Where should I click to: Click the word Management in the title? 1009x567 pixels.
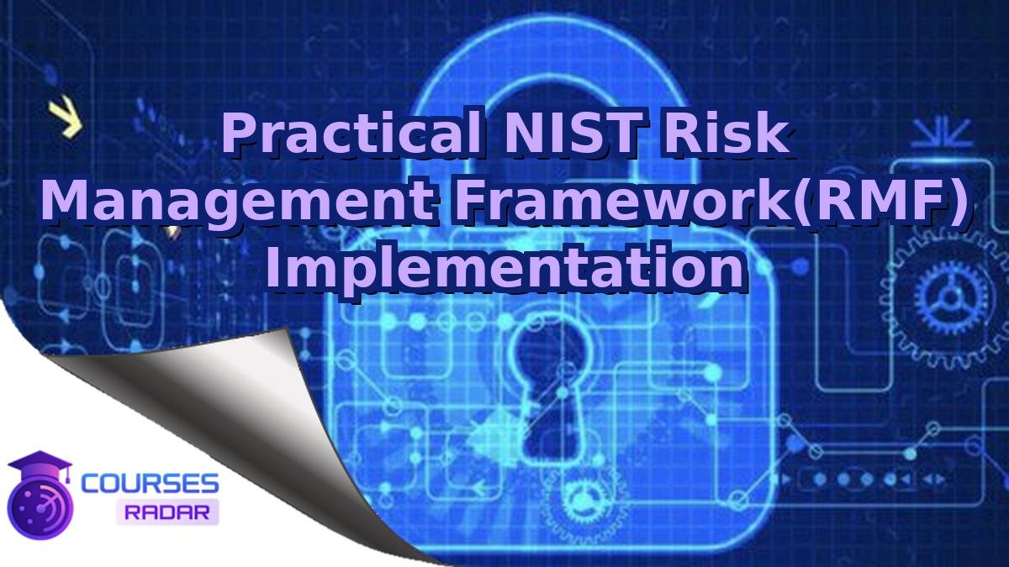click(x=237, y=202)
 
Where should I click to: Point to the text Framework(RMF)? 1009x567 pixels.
click(x=706, y=202)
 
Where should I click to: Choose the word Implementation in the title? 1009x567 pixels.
click(x=504, y=268)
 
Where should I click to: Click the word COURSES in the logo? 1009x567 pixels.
click(x=151, y=483)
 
